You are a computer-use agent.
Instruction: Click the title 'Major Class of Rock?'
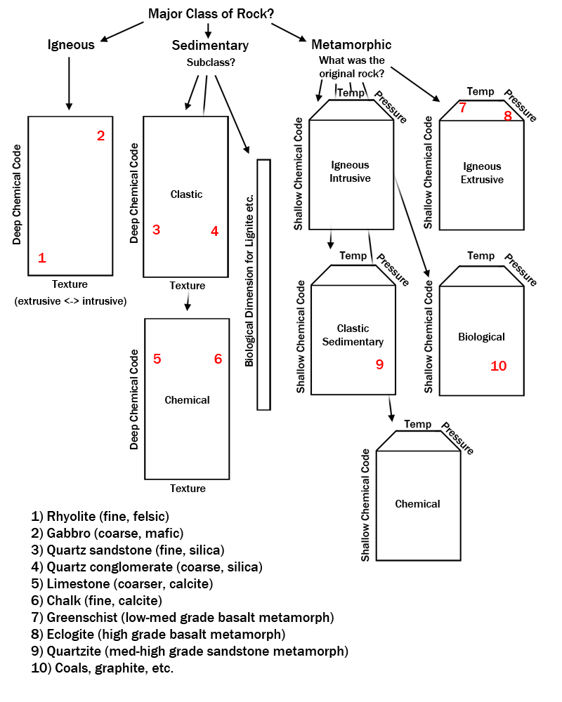tap(211, 14)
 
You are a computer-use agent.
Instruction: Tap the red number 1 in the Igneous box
tap(42, 258)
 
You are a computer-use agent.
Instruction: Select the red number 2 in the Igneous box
tap(101, 135)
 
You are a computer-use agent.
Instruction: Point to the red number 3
tap(156, 230)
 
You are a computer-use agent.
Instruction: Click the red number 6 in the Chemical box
tap(218, 359)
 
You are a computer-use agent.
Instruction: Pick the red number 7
tap(462, 107)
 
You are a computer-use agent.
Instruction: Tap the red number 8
tap(508, 116)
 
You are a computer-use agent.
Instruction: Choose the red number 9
tap(379, 364)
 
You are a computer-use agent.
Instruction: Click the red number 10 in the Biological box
tap(498, 366)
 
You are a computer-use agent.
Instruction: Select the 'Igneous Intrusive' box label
tap(350, 171)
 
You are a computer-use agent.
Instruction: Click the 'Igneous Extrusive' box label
tap(482, 173)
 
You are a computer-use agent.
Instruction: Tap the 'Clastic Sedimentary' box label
tap(353, 335)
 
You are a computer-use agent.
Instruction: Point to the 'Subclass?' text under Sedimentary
tap(211, 62)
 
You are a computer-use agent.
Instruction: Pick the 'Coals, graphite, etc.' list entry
tap(114, 668)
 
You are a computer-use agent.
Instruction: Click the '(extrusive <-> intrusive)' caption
tap(70, 301)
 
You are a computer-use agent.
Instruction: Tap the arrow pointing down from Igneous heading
tap(69, 84)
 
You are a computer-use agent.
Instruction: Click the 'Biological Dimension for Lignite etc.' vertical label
tap(249, 281)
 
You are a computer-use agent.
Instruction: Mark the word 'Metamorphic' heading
tap(351, 44)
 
